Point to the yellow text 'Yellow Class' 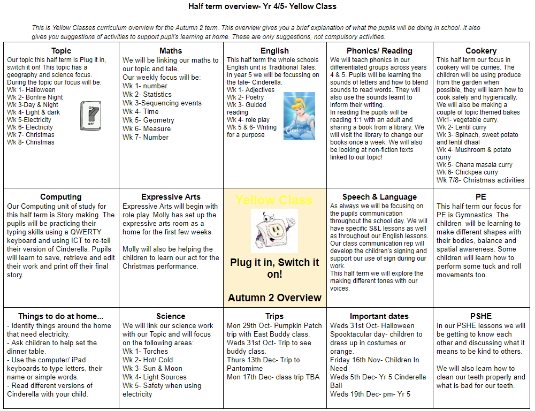(274, 200)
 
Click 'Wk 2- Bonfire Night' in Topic (35, 97)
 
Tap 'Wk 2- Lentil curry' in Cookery (461, 127)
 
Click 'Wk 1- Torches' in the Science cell (145, 351)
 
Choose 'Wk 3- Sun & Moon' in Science (152, 368)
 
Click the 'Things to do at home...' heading (60, 316)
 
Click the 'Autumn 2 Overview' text (274, 298)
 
